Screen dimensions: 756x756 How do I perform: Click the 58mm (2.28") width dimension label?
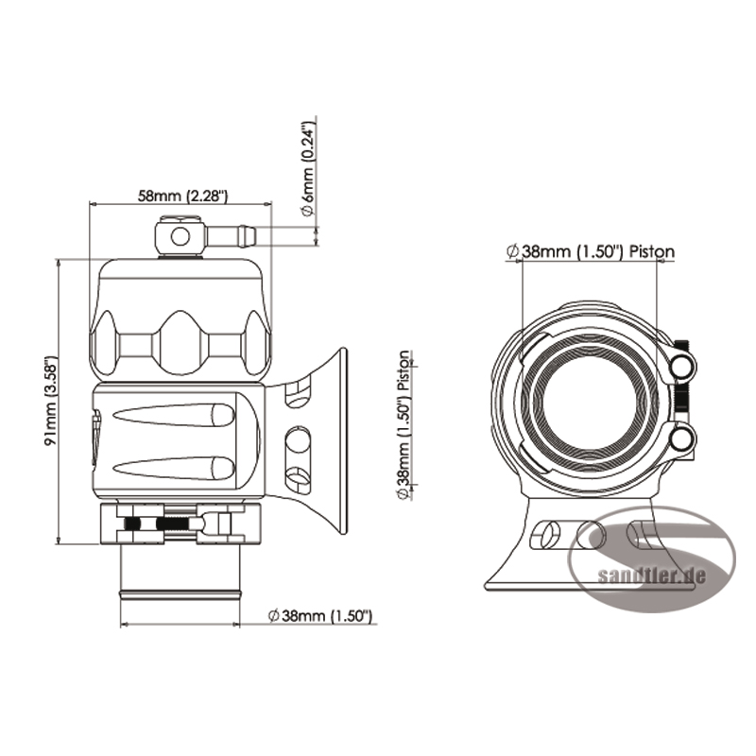click(x=182, y=196)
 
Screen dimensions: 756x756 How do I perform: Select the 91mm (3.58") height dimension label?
click(x=51, y=403)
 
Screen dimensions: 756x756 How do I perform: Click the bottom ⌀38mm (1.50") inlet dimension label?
click(x=320, y=616)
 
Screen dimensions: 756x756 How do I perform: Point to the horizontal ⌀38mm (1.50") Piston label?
click(x=591, y=251)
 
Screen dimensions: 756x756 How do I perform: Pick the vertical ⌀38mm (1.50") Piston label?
click(x=404, y=424)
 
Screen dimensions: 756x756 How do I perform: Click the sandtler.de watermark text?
click(x=651, y=576)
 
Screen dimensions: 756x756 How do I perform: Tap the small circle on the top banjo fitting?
click(x=180, y=237)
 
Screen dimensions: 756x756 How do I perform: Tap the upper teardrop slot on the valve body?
click(x=174, y=415)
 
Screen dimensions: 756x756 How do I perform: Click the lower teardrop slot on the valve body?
click(x=174, y=468)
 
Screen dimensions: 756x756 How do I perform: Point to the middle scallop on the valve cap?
click(x=180, y=342)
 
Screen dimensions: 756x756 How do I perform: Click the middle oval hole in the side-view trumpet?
click(x=298, y=439)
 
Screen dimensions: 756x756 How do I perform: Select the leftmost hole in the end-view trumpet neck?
click(x=544, y=535)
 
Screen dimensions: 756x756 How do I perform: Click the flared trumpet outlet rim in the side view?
click(x=342, y=440)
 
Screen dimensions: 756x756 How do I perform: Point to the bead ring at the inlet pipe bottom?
click(x=180, y=593)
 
